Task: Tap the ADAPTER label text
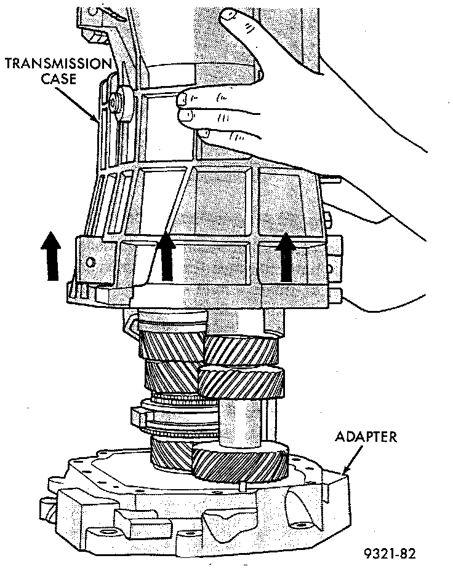[x=366, y=438]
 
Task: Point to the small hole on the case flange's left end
[x=91, y=262]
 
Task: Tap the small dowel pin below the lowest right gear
[x=244, y=487]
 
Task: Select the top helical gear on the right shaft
[x=241, y=351]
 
